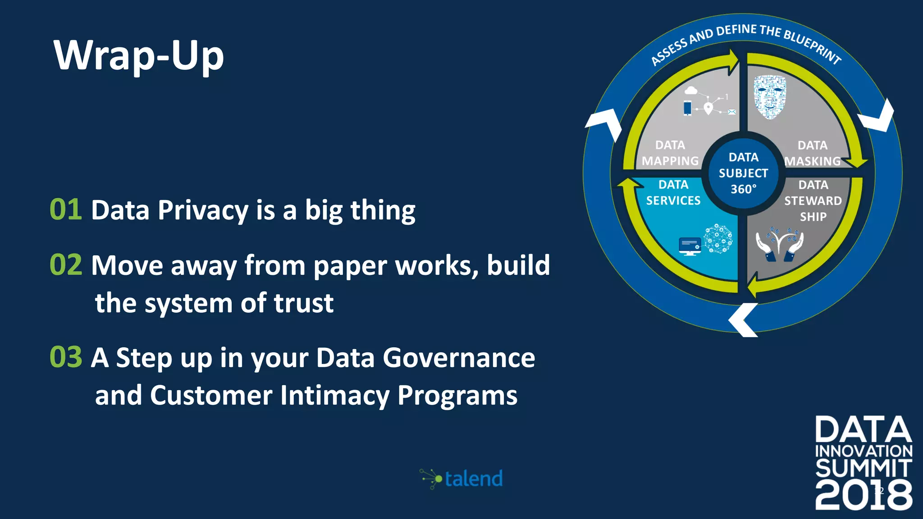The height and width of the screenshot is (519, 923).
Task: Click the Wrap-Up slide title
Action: [x=138, y=55]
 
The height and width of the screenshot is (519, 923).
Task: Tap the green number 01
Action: [x=66, y=209]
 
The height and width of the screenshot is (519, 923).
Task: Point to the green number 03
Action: [x=66, y=357]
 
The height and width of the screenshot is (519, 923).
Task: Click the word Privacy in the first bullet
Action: [x=203, y=210]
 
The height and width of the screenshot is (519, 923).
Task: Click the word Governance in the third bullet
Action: [x=458, y=358]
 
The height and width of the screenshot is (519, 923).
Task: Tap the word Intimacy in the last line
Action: [x=334, y=395]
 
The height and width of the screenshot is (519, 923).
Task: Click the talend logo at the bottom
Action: [x=461, y=478]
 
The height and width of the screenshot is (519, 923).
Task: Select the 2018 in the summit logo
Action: [x=863, y=495]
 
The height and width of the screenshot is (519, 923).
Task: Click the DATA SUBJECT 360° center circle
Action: [x=743, y=173]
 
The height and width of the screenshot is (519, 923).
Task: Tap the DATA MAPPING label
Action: [x=670, y=153]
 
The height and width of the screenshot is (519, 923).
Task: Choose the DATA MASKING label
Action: [x=812, y=153]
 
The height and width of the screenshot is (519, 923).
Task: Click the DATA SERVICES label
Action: [x=673, y=192]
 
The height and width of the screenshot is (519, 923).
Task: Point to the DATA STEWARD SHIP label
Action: [x=813, y=200]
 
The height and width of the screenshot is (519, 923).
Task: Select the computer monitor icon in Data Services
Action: [x=690, y=246]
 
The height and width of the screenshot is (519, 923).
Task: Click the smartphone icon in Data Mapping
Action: [x=687, y=108]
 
